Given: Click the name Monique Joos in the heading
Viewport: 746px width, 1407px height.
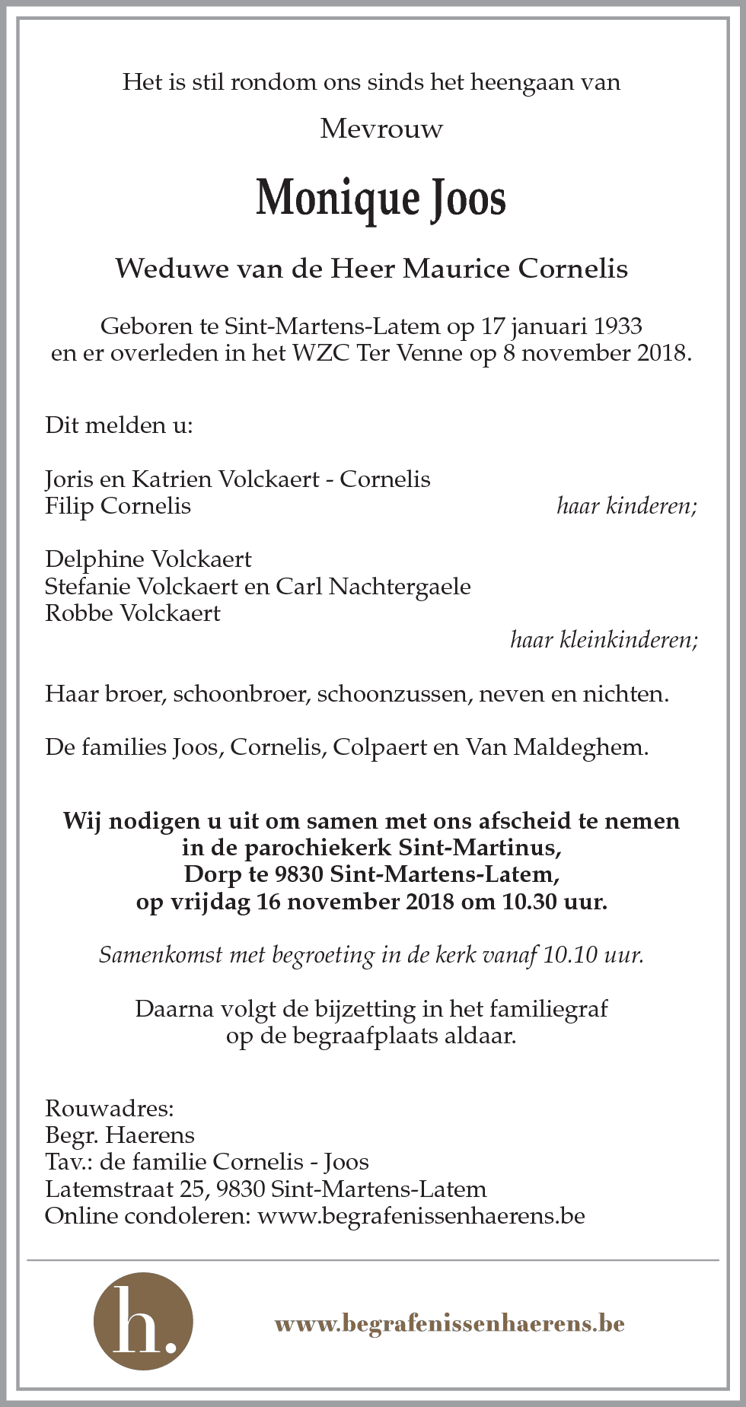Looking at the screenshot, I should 381,198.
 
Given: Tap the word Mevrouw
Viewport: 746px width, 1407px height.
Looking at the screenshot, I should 381,129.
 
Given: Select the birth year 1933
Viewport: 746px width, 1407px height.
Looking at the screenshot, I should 617,326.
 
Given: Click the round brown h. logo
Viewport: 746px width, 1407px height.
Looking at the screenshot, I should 143,1322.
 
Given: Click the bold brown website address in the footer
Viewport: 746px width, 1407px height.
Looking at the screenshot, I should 449,1323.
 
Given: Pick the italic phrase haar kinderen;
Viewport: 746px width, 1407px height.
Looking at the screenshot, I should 626,506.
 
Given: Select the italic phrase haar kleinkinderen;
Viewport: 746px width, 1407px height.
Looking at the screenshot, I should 604,640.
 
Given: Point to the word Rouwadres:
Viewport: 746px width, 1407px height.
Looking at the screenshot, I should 110,1108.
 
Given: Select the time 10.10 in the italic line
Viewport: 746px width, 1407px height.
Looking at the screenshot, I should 569,955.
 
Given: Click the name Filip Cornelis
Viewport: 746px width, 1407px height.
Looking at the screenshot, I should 118,506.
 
